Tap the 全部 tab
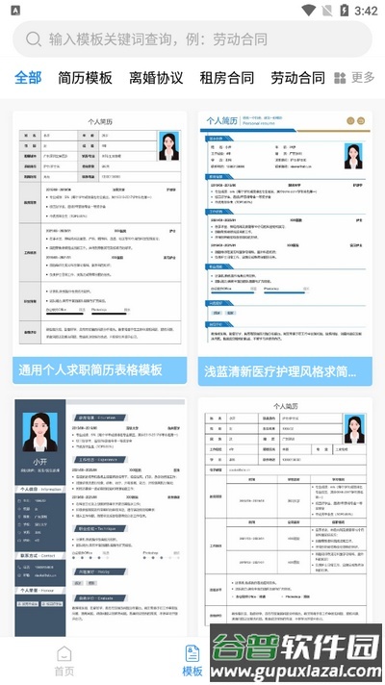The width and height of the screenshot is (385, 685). (28, 78)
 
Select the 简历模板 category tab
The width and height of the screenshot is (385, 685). (85, 78)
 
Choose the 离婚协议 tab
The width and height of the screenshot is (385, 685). (156, 78)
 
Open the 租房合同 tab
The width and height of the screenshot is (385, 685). (227, 78)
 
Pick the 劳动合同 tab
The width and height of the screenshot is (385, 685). (297, 78)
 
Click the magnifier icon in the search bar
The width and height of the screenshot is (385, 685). (34, 39)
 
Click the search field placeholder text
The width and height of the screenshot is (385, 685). (158, 39)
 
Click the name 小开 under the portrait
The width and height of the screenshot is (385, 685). (39, 463)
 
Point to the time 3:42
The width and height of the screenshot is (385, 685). (366, 11)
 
